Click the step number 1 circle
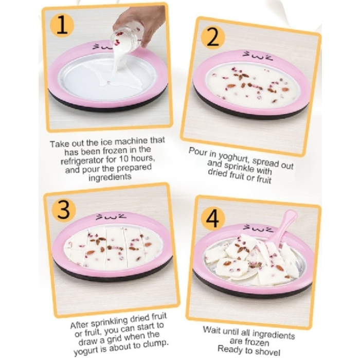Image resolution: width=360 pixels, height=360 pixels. pos(62,26)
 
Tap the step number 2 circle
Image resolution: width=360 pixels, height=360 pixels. pos(212,38)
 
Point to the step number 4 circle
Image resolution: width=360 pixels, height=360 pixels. pos(212,219)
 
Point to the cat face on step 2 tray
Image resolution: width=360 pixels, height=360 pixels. pos(257,55)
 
